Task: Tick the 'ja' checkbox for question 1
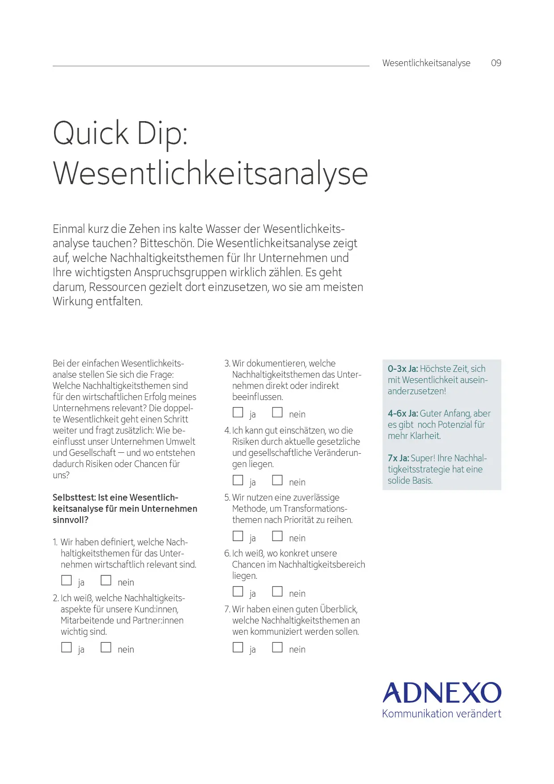coord(67,580)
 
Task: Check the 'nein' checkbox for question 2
coord(106,647)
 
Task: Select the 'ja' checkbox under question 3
coord(238,412)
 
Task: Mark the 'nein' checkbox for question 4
coord(277,480)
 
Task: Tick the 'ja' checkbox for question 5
coord(238,536)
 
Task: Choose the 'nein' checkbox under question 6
coord(277,591)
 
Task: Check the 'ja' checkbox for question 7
coord(238,647)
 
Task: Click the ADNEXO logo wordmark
coord(442,693)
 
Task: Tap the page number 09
coord(496,63)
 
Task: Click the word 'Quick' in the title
coord(91,133)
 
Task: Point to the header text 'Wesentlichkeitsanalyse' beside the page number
coord(426,63)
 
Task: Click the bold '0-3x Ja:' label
coord(403,369)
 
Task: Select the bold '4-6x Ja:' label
coord(403,413)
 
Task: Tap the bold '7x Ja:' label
coord(398,458)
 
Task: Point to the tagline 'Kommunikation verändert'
coord(441,714)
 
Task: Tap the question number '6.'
coord(227,553)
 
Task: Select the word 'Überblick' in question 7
coord(338,609)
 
